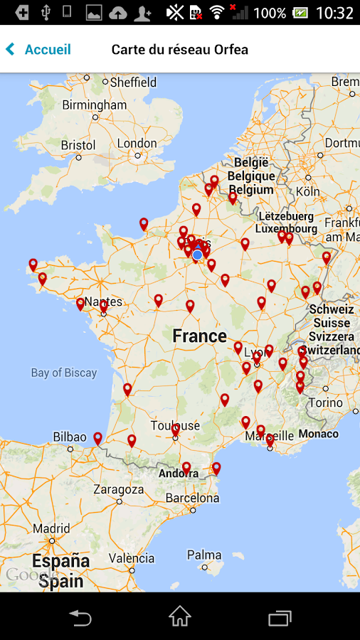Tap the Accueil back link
pos(41,50)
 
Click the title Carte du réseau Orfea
pos(180,50)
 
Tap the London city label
pos(137,143)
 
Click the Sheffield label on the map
pos(133,82)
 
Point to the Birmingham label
pos(94,105)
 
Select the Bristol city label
pos(78,145)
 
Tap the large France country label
pos(200,336)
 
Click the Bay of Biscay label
pos(64,373)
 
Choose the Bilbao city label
pos(70,437)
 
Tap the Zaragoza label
pos(119,489)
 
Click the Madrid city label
pos(51,528)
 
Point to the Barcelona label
pos(192,498)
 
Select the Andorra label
pos(179,474)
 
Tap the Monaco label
pos(319,434)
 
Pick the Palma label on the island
pos(204,555)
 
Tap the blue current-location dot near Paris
pos(198,255)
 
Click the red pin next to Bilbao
pos(97,438)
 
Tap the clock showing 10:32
pos(334,13)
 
